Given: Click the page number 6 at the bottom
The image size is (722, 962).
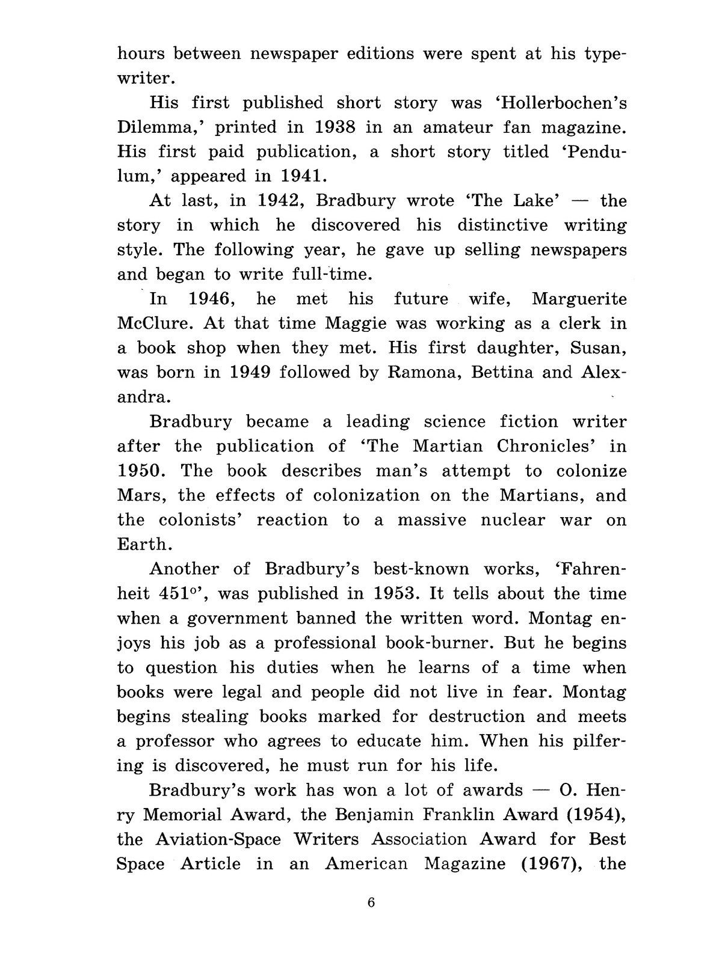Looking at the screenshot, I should [371, 902].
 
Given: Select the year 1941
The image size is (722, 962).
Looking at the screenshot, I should [304, 176].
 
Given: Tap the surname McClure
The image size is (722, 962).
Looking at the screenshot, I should [154, 323].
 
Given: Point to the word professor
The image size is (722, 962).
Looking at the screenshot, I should [173, 741].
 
